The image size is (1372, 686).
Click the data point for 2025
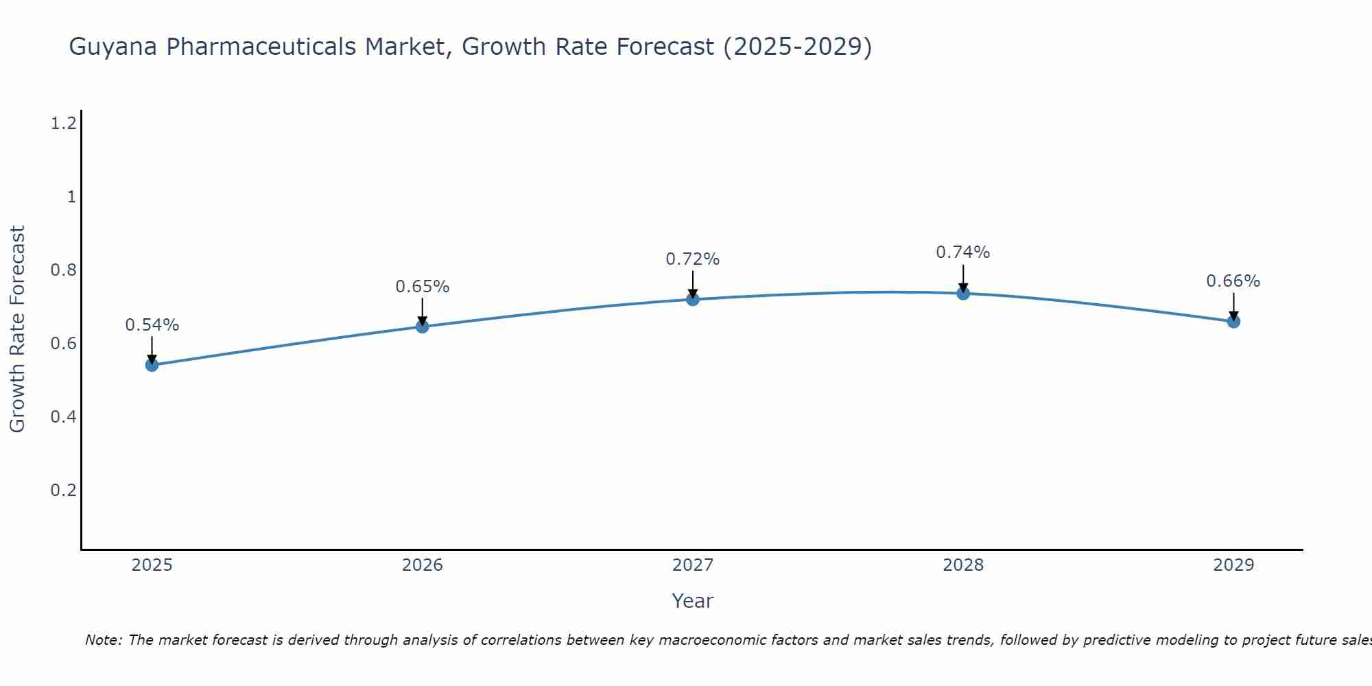[x=152, y=365]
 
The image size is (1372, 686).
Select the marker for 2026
[x=422, y=327]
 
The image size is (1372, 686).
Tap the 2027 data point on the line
[x=692, y=299]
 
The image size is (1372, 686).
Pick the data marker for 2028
[x=963, y=294]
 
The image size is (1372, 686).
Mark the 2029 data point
[x=1233, y=321]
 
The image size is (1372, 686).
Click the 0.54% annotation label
[x=152, y=325]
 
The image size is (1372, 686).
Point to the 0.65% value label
[x=422, y=287]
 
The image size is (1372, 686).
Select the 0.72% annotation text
[x=692, y=259]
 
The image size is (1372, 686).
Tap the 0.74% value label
[x=963, y=252]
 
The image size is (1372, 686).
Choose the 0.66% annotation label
[x=1233, y=281]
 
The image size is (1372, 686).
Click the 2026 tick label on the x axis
[x=422, y=565]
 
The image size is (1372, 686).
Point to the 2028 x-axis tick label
[x=963, y=565]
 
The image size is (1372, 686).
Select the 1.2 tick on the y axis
[x=63, y=123]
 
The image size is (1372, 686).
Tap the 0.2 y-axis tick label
[x=63, y=490]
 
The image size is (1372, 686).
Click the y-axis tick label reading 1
[x=71, y=197]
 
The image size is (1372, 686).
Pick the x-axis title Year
[x=692, y=601]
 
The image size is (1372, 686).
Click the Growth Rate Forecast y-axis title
[x=17, y=329]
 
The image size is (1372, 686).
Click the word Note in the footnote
[x=102, y=640]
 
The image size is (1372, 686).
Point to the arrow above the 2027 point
[x=692, y=283]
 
